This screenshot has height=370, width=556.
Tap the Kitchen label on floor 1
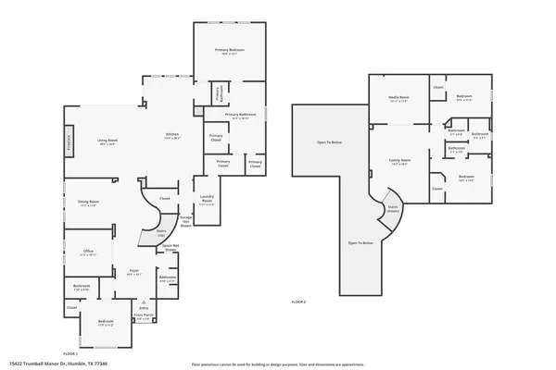point(171,135)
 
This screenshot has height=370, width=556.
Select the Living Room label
point(107,142)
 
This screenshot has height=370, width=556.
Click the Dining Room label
point(88,203)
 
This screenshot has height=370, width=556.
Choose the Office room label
point(88,251)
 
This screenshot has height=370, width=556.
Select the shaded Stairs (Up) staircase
point(149,236)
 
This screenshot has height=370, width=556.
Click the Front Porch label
point(143,316)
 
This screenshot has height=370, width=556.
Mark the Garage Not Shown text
point(185,220)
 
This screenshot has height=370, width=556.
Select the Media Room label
point(399,97)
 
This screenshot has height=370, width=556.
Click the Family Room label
point(399,161)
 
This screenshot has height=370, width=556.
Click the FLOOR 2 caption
point(298,302)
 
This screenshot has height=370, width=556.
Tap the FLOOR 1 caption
point(70,353)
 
